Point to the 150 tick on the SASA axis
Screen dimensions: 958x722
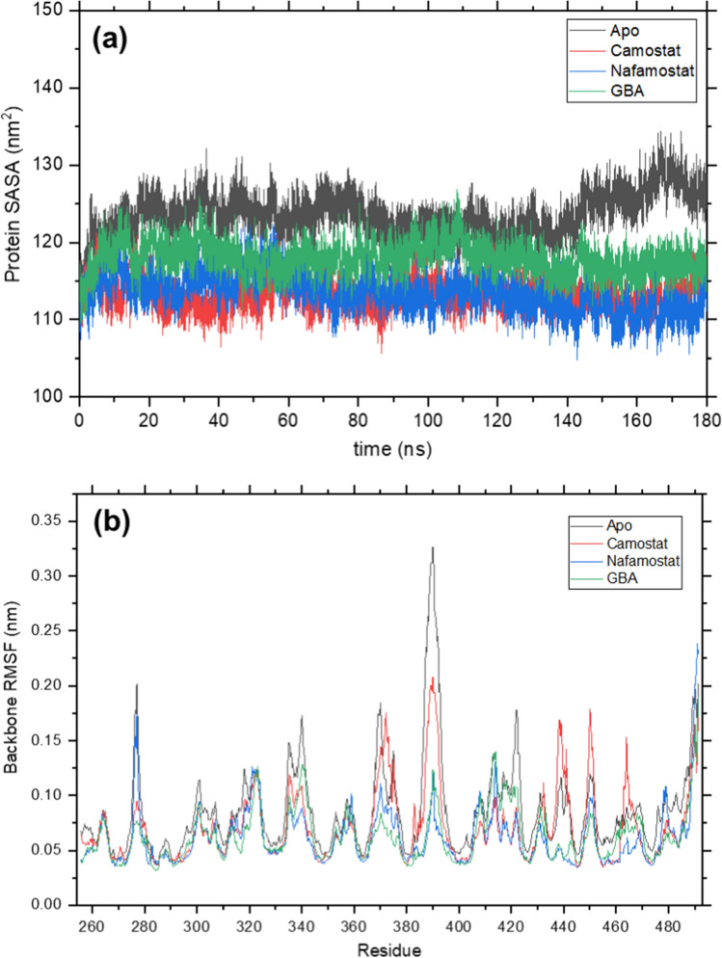click(55, 11)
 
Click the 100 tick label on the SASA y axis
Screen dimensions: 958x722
click(55, 396)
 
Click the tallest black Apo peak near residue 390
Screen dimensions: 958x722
click(433, 548)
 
